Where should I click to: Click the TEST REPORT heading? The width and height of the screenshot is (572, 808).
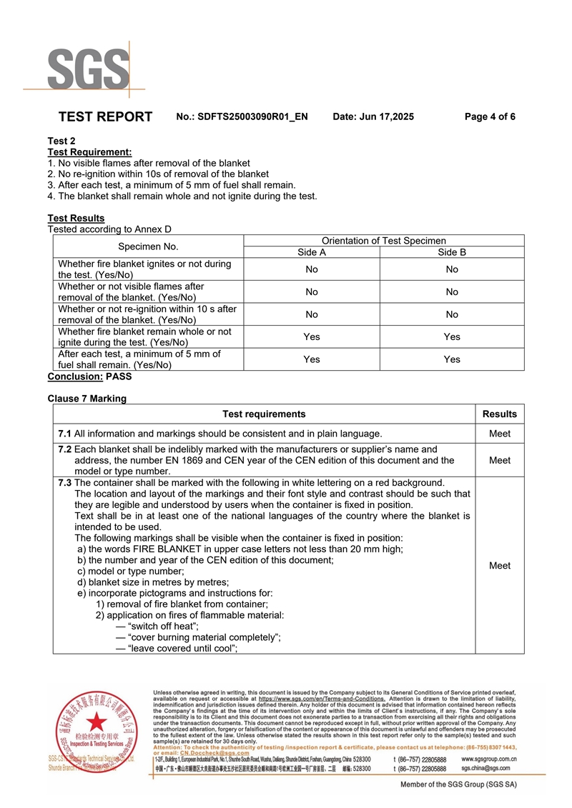click(105, 116)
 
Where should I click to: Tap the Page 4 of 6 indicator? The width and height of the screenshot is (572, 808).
click(490, 116)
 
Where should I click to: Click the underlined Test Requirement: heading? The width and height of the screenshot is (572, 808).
click(89, 152)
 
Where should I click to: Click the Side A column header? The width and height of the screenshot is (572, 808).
click(312, 252)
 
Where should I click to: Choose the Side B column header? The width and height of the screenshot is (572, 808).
click(452, 252)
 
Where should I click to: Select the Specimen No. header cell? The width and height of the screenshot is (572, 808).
click(149, 246)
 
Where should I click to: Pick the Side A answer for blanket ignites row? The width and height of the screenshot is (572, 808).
click(312, 269)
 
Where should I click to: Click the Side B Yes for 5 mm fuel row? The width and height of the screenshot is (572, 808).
click(452, 359)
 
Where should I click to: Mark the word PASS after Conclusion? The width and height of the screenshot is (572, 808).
click(119, 376)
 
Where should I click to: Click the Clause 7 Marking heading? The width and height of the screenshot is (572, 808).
click(87, 399)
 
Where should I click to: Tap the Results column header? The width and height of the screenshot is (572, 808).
click(500, 414)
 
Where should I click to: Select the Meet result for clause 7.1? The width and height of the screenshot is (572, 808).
click(500, 433)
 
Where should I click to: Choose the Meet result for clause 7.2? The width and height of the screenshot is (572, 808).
click(500, 460)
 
